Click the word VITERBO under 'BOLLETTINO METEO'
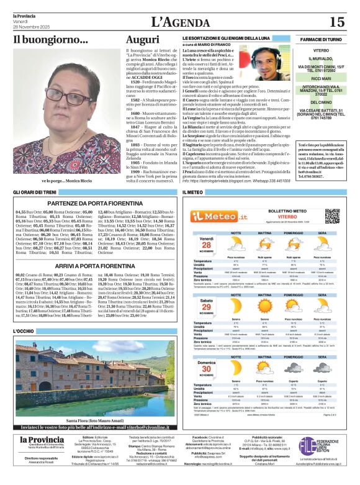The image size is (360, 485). coord(274,217)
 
